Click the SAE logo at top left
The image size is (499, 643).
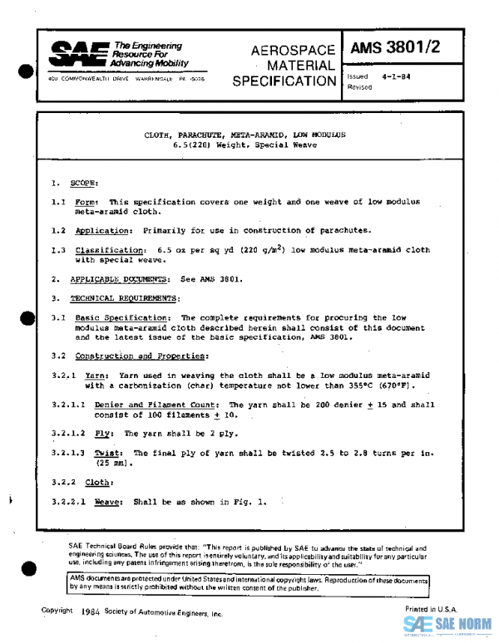pyautogui.click(x=73, y=56)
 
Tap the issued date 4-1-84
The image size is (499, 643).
pyautogui.click(x=397, y=76)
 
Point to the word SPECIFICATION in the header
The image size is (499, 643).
pyautogui.click(x=284, y=81)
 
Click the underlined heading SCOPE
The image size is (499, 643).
pyautogui.click(x=83, y=182)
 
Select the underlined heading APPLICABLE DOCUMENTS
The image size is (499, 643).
pyautogui.click(x=116, y=279)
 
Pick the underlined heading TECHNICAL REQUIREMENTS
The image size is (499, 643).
pyautogui.click(x=122, y=297)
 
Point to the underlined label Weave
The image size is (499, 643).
pyautogui.click(x=109, y=502)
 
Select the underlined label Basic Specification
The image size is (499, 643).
pyautogui.click(x=123, y=317)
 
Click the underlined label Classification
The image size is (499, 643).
pyautogui.click(x=110, y=249)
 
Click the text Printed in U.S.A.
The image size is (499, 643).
pyautogui.click(x=431, y=610)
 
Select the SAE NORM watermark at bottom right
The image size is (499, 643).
pyautogui.click(x=449, y=625)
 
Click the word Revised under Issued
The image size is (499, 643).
pyautogui.click(x=360, y=86)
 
